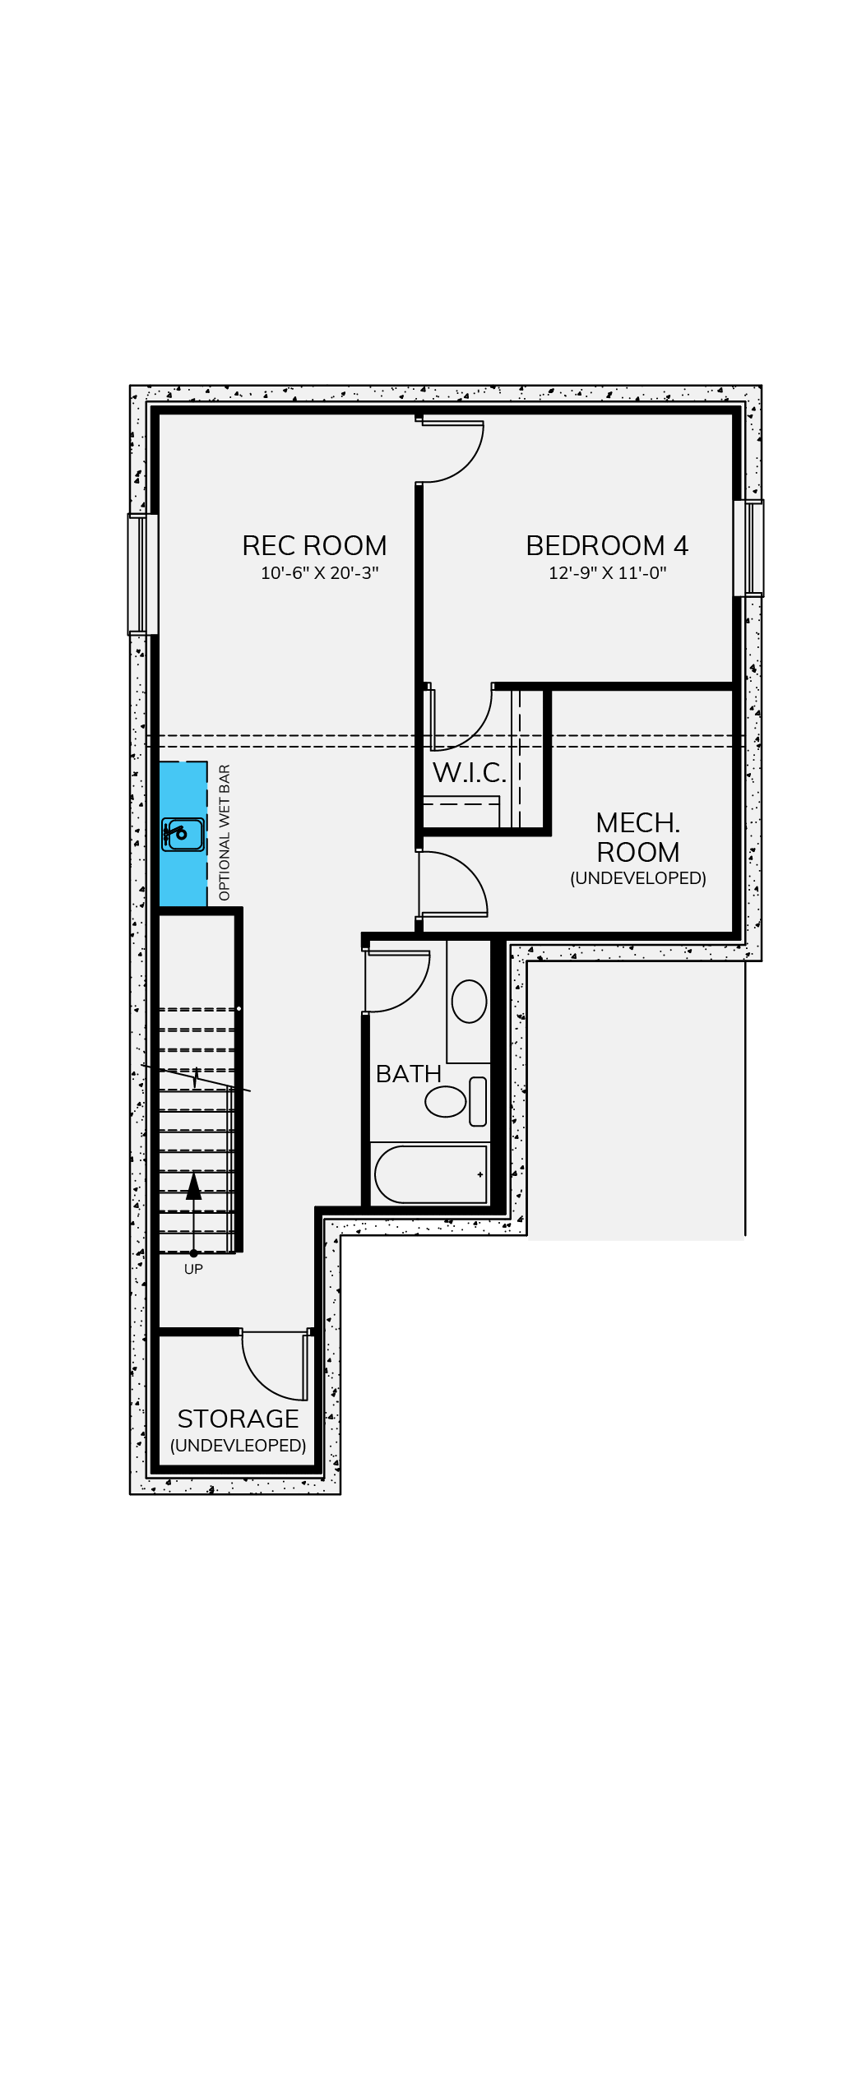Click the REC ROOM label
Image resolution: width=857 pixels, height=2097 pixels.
(x=314, y=545)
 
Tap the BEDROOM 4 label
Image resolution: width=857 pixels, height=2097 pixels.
(x=607, y=545)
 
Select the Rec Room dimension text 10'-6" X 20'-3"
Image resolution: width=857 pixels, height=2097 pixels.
(x=319, y=573)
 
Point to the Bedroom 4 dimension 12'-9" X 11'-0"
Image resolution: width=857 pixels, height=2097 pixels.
(x=607, y=573)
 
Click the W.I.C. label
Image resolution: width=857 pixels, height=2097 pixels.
(x=470, y=772)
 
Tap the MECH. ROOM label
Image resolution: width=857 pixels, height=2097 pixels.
(x=638, y=837)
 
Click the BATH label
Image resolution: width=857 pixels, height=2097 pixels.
(x=409, y=1074)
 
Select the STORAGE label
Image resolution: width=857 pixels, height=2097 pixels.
(x=238, y=1419)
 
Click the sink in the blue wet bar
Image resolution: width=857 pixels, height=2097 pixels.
(x=183, y=835)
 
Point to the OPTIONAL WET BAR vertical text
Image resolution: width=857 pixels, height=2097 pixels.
(x=225, y=832)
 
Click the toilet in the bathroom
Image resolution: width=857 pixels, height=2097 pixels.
(x=456, y=1101)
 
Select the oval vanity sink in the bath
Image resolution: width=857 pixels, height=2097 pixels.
(x=469, y=1002)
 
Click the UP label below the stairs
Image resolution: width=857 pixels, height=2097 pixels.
(x=193, y=1269)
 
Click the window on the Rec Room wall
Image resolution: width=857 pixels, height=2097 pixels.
(x=142, y=574)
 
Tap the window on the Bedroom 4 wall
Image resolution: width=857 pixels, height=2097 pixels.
(x=748, y=548)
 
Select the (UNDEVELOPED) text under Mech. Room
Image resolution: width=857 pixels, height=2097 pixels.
(x=638, y=878)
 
